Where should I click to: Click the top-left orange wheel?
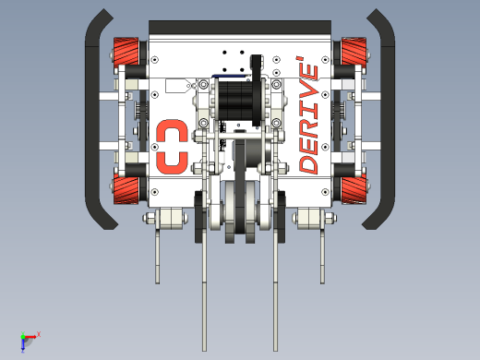[126, 53]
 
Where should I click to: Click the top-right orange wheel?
[354, 53]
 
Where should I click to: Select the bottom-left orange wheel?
[126, 189]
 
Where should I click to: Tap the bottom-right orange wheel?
[354, 189]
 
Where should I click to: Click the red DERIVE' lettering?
[308, 115]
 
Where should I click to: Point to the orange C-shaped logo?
[172, 147]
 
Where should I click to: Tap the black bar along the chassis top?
[240, 28]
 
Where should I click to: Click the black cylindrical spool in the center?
[238, 101]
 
